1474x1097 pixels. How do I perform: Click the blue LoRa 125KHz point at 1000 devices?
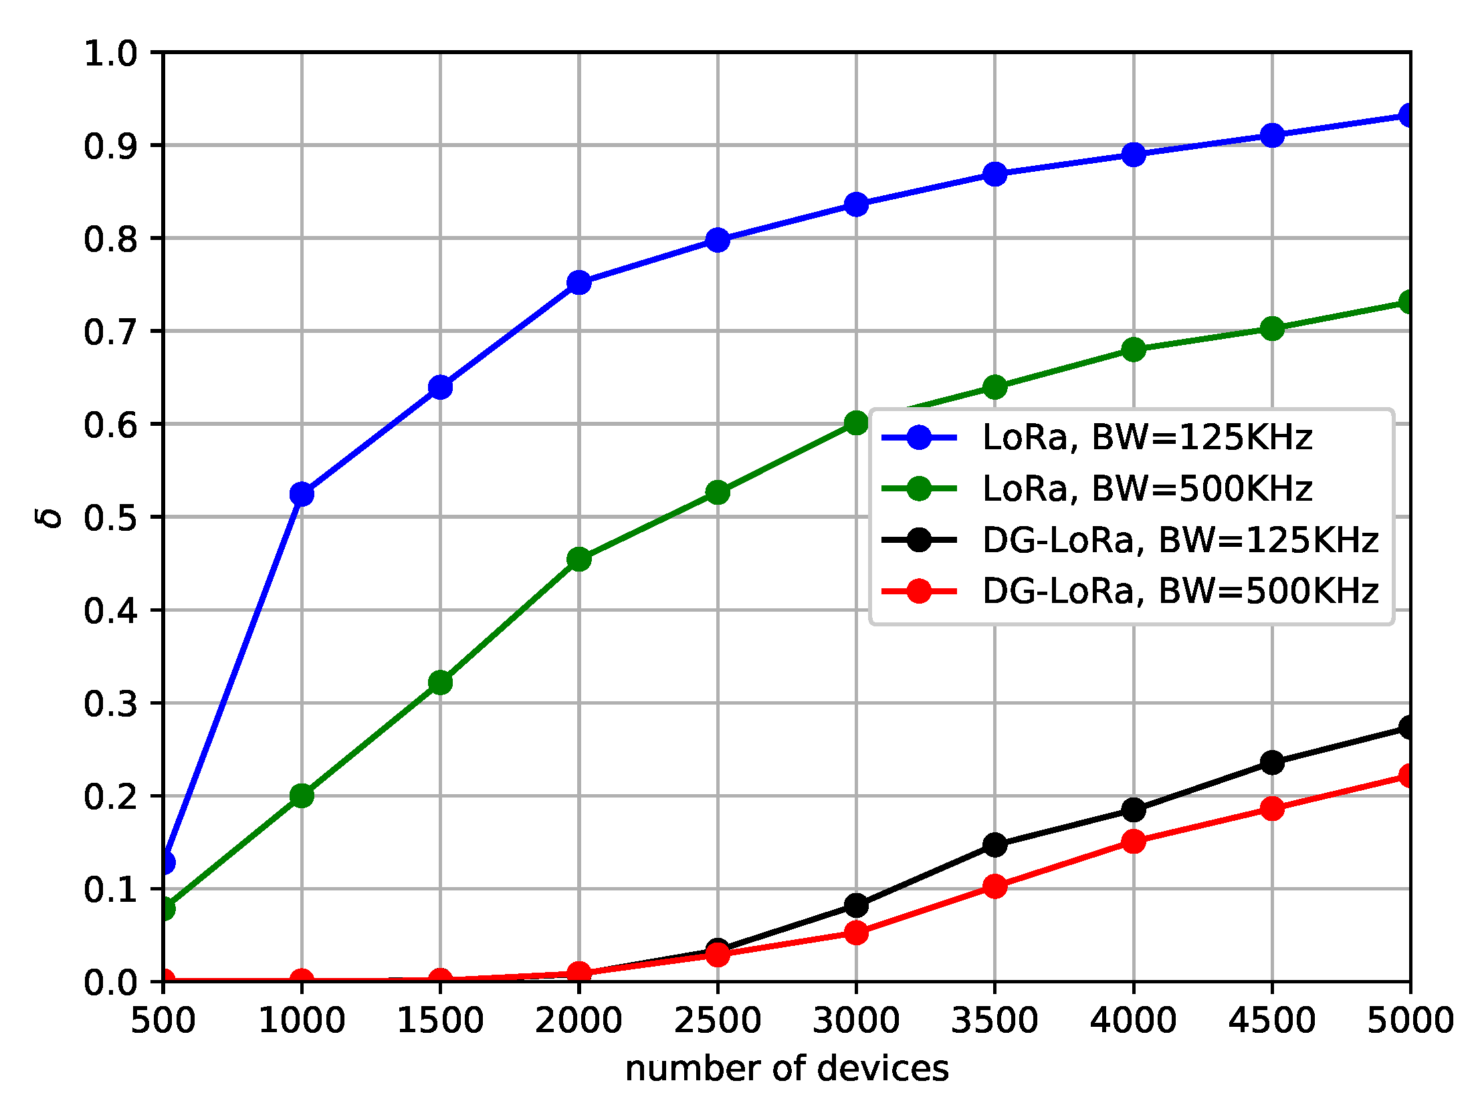point(302,494)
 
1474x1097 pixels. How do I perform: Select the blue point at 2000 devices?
point(579,282)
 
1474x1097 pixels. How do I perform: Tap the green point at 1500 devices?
point(440,683)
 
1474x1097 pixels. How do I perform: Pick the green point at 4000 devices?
point(1134,349)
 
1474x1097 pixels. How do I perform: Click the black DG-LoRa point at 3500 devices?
point(995,844)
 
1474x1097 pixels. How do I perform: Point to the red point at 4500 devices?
point(1272,808)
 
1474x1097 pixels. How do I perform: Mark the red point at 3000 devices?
point(857,932)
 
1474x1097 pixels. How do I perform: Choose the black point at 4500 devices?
point(1272,762)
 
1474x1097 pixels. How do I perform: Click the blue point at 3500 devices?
point(995,174)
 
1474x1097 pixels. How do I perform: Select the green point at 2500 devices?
point(718,493)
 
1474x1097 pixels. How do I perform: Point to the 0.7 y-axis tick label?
point(110,332)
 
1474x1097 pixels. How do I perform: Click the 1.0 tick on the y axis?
point(110,53)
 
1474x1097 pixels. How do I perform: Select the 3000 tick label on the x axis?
point(857,1021)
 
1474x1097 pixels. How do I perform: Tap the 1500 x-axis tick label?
point(440,1021)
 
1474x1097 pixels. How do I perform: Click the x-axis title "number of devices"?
point(787,1068)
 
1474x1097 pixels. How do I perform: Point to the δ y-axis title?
point(51,517)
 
